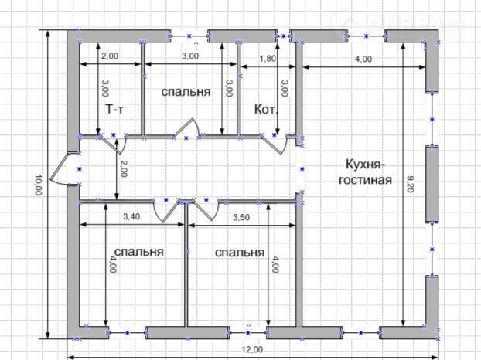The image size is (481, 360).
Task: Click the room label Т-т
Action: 114,109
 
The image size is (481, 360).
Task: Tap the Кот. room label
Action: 266,110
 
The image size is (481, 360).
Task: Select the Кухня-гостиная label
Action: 365,172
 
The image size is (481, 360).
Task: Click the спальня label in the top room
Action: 186,92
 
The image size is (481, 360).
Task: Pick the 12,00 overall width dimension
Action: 252,350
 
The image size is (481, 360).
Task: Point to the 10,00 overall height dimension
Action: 38,185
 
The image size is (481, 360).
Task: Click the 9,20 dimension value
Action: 411,184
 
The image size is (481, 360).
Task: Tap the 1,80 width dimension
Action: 268,59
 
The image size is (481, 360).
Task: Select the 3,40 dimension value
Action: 131,216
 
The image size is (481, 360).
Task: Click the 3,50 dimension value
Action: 241,217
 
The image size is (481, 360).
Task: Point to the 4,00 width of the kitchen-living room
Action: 363,59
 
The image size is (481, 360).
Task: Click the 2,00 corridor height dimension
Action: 123,168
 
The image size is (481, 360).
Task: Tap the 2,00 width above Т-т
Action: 110,56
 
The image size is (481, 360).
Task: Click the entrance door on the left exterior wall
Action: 60,168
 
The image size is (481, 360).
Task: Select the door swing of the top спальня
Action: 186,128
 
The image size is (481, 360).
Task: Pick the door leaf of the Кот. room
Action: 274,145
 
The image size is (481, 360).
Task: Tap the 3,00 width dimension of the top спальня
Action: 190,56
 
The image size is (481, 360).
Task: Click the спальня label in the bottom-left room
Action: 138,252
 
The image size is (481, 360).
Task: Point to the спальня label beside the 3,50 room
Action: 239,253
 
